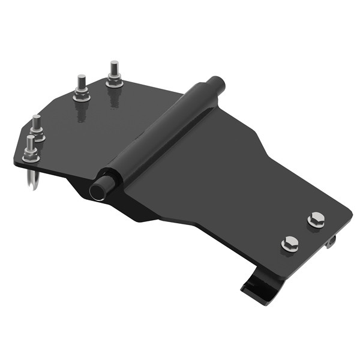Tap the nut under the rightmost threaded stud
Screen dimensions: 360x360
tap(114, 82)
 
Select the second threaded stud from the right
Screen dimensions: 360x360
tap(82, 83)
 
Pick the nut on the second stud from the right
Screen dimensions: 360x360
tap(82, 95)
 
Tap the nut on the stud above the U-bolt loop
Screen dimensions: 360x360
tap(31, 158)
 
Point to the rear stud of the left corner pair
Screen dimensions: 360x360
tap(37, 124)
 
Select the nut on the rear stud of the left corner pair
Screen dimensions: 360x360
tap(38, 136)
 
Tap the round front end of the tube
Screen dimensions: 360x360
tap(97, 190)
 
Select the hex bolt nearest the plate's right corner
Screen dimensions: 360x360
tap(316, 220)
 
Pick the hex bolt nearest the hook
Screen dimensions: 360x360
tap(290, 244)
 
